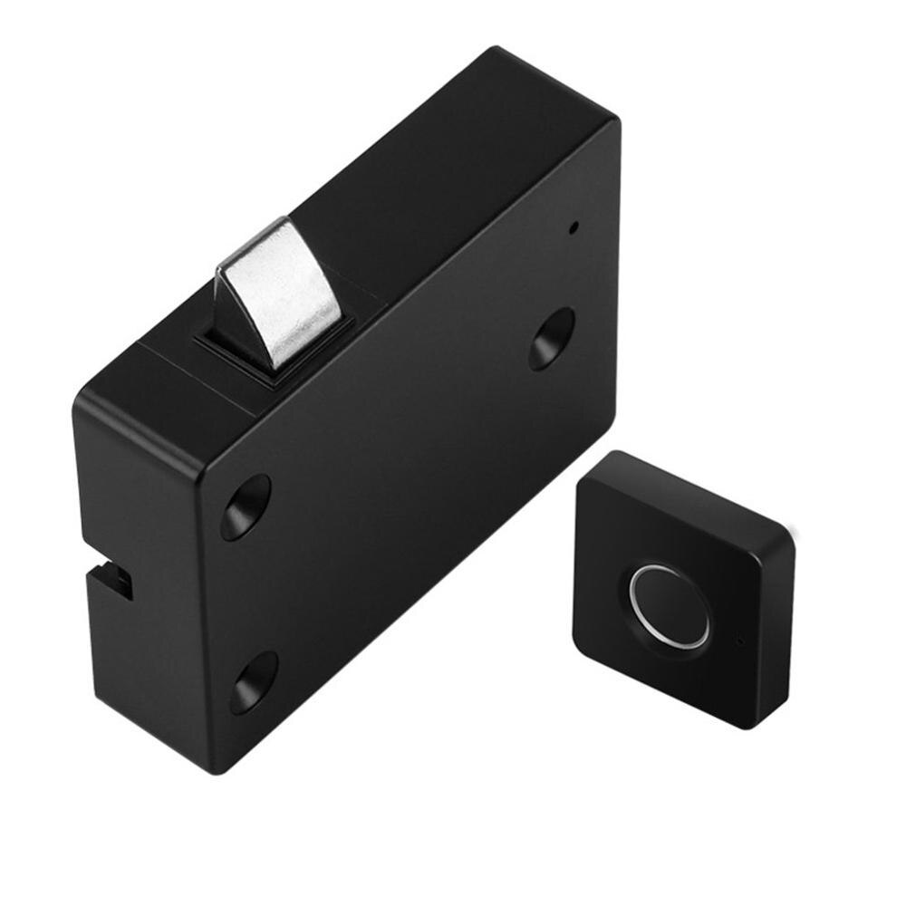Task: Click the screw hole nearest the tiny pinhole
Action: (551, 338)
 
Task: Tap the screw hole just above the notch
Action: (246, 506)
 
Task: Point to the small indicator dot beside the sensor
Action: (740, 641)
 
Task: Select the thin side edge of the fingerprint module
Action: (770, 634)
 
